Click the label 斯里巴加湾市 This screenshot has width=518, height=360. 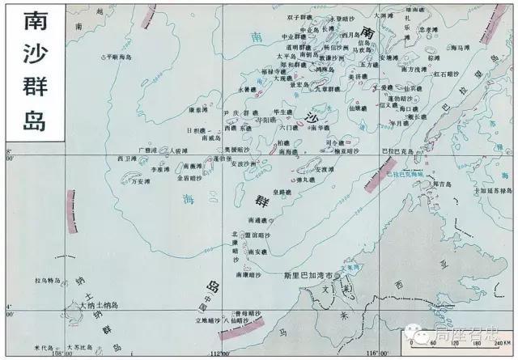308,276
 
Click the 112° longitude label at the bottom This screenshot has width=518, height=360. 218,354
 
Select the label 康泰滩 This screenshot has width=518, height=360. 198,109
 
